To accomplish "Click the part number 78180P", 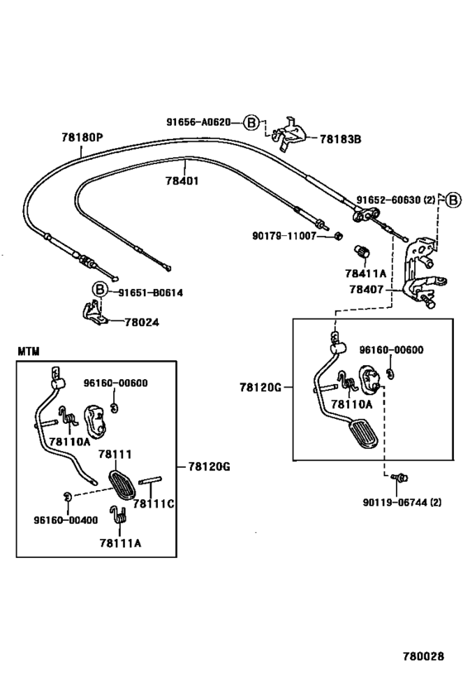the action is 82,137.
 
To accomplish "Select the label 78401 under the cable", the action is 182,180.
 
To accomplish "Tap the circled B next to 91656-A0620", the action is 251,123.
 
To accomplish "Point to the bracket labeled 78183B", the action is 290,133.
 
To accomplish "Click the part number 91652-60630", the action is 389,200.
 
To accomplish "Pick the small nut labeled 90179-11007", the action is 339,236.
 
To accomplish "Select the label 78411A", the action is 365,274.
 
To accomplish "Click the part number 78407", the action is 366,289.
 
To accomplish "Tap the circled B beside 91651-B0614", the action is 100,289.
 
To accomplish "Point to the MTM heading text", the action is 28,351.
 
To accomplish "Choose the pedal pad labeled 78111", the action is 122,485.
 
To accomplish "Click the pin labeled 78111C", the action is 150,480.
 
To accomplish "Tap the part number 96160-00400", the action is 65,520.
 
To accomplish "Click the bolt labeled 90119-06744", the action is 399,478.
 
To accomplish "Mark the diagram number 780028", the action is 423,656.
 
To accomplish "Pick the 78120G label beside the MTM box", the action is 209,467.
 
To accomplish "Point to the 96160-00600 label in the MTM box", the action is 116,383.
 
